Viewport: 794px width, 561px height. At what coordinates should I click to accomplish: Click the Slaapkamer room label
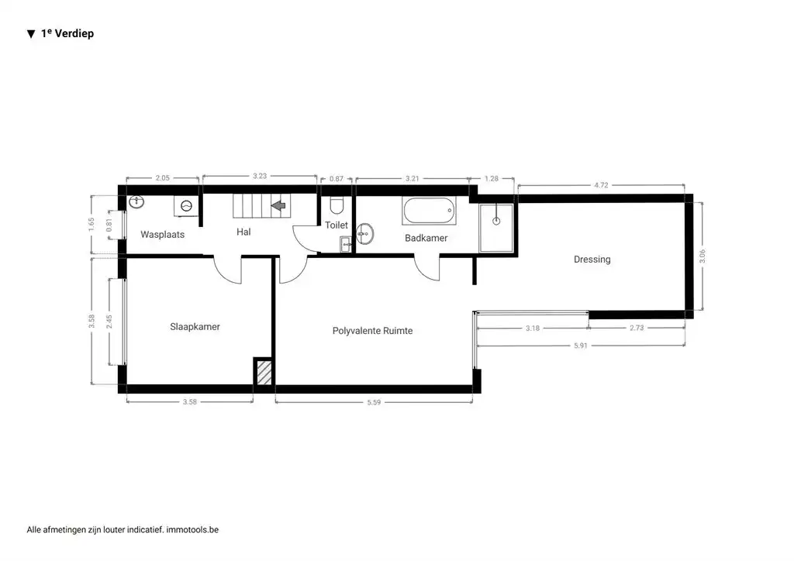[195, 327]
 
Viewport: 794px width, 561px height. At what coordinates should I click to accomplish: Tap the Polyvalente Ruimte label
[372, 331]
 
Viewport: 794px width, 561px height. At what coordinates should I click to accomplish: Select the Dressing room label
[592, 260]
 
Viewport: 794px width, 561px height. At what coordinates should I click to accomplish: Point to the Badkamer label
[426, 238]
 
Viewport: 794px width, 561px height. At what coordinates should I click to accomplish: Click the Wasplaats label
[162, 234]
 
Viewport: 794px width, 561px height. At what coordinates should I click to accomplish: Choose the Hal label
[243, 232]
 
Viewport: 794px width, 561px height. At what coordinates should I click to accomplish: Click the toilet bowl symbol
[337, 205]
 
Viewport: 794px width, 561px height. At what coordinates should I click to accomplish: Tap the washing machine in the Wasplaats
[188, 206]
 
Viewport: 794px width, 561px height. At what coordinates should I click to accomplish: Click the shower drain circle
[496, 221]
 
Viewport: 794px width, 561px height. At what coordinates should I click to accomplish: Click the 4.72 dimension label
[601, 185]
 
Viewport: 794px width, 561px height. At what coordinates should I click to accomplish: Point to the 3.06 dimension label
[703, 256]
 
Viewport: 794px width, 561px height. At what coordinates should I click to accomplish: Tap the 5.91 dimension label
[580, 346]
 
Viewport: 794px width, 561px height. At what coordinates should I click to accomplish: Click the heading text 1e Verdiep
[67, 34]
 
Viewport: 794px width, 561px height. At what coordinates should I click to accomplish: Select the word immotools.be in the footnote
[192, 530]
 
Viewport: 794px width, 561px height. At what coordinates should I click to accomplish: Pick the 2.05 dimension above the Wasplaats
[162, 177]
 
